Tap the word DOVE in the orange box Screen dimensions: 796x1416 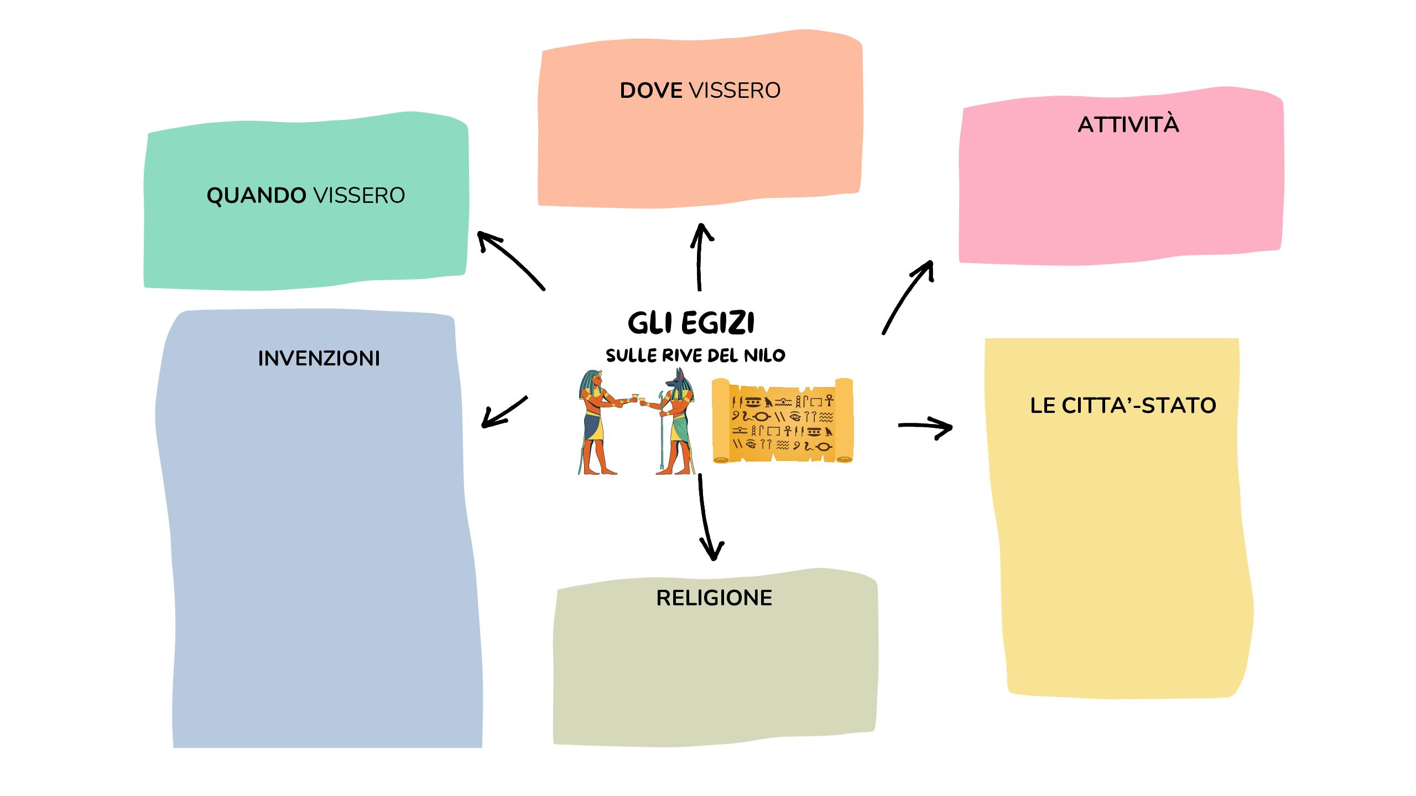point(650,91)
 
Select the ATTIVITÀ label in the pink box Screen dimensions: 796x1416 point(1128,125)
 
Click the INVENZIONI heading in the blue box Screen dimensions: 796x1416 point(319,358)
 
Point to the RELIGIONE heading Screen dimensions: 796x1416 point(714,598)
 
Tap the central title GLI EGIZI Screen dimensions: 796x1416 point(691,323)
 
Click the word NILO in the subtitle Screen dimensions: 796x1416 point(764,355)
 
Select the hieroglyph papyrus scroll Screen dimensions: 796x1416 point(782,421)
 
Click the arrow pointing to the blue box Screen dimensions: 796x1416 point(503,412)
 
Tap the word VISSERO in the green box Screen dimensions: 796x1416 point(359,196)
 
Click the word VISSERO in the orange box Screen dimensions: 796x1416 point(734,91)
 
